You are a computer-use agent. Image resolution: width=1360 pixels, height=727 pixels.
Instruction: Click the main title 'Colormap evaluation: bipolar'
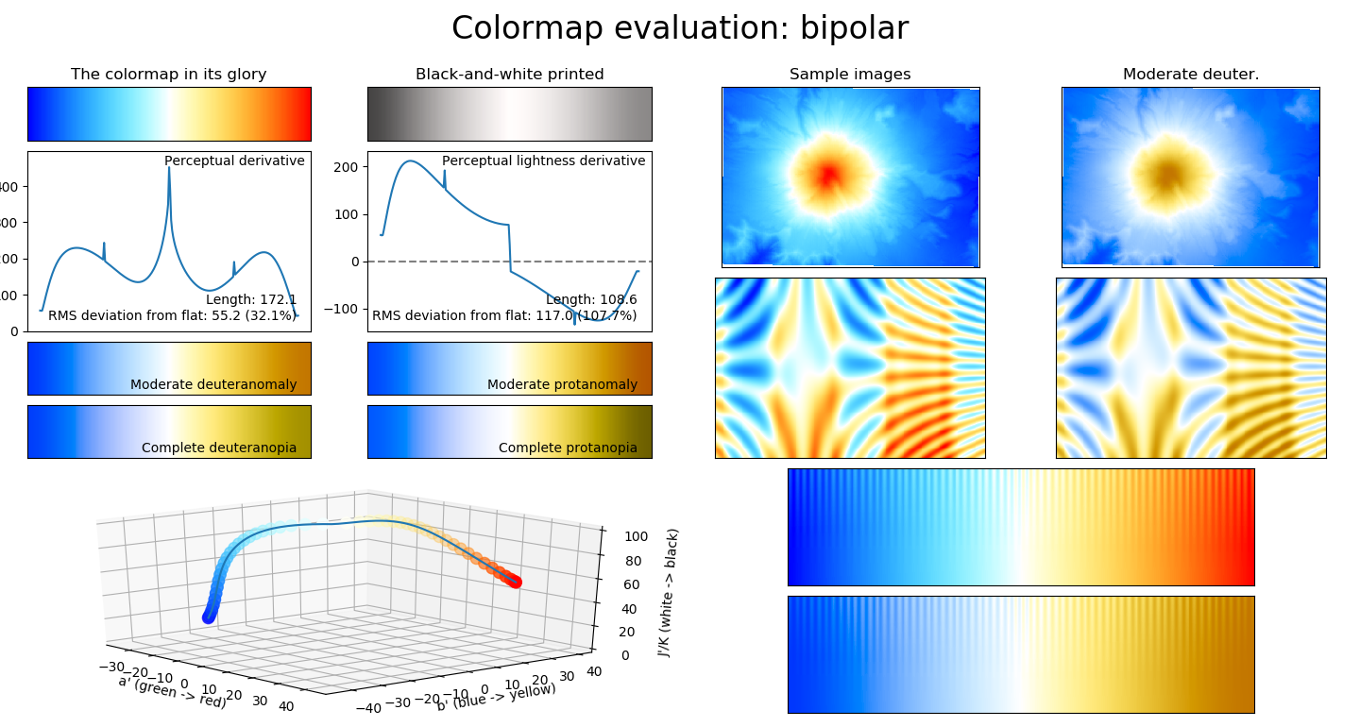tap(679, 28)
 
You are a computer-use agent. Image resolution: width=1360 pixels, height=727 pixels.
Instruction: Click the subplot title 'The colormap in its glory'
tap(169, 75)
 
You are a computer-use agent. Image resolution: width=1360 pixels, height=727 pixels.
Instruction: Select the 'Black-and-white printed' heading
tap(509, 75)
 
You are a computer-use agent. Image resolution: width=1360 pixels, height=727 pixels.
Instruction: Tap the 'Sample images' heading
tap(850, 75)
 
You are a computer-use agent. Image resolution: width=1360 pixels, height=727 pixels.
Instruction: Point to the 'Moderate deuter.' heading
tap(1191, 75)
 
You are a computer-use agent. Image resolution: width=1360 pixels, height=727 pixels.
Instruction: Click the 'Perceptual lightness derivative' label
tap(543, 161)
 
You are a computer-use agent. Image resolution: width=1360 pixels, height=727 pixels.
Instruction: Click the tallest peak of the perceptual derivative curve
tap(169, 169)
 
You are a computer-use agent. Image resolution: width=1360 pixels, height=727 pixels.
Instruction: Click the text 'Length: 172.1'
tap(250, 300)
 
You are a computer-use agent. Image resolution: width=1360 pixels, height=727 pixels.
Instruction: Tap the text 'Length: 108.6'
tap(590, 300)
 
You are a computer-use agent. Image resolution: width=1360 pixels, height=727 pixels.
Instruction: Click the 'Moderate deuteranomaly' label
tap(213, 385)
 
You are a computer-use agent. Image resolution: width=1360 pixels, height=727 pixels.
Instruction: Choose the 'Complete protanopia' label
tap(568, 448)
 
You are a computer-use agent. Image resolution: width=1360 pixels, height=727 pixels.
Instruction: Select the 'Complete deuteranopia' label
tap(219, 448)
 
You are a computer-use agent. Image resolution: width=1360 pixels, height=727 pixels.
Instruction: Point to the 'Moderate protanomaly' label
tap(562, 385)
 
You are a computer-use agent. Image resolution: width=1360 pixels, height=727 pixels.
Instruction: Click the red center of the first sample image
tap(828, 175)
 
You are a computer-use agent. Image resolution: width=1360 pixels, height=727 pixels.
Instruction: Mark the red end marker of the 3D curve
tap(516, 583)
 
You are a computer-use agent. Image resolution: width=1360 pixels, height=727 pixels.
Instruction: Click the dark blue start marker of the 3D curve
tap(209, 617)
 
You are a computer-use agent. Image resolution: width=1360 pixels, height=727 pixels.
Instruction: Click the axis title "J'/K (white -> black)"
tap(673, 592)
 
